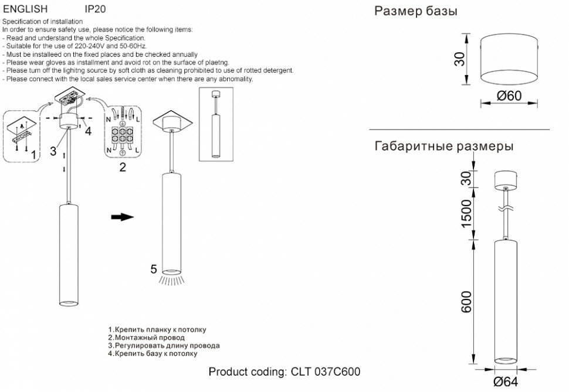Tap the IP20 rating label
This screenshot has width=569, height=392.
[x=95, y=9]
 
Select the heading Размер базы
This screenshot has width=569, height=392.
[x=415, y=12]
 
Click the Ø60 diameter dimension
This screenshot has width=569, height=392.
[x=509, y=96]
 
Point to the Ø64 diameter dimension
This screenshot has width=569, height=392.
[x=505, y=382]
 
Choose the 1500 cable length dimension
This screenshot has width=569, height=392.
[x=466, y=214]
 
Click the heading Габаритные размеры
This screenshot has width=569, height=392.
[x=443, y=146]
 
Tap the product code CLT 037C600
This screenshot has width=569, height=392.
[x=284, y=372]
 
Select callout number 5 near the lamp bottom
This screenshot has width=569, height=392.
[x=153, y=270]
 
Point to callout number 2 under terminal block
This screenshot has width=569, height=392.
[x=122, y=167]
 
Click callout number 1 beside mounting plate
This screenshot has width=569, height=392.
[x=34, y=154]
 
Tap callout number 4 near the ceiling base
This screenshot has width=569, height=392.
[x=88, y=131]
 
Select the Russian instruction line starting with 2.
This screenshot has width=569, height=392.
[x=147, y=338]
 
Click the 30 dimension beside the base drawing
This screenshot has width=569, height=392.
[x=460, y=59]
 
